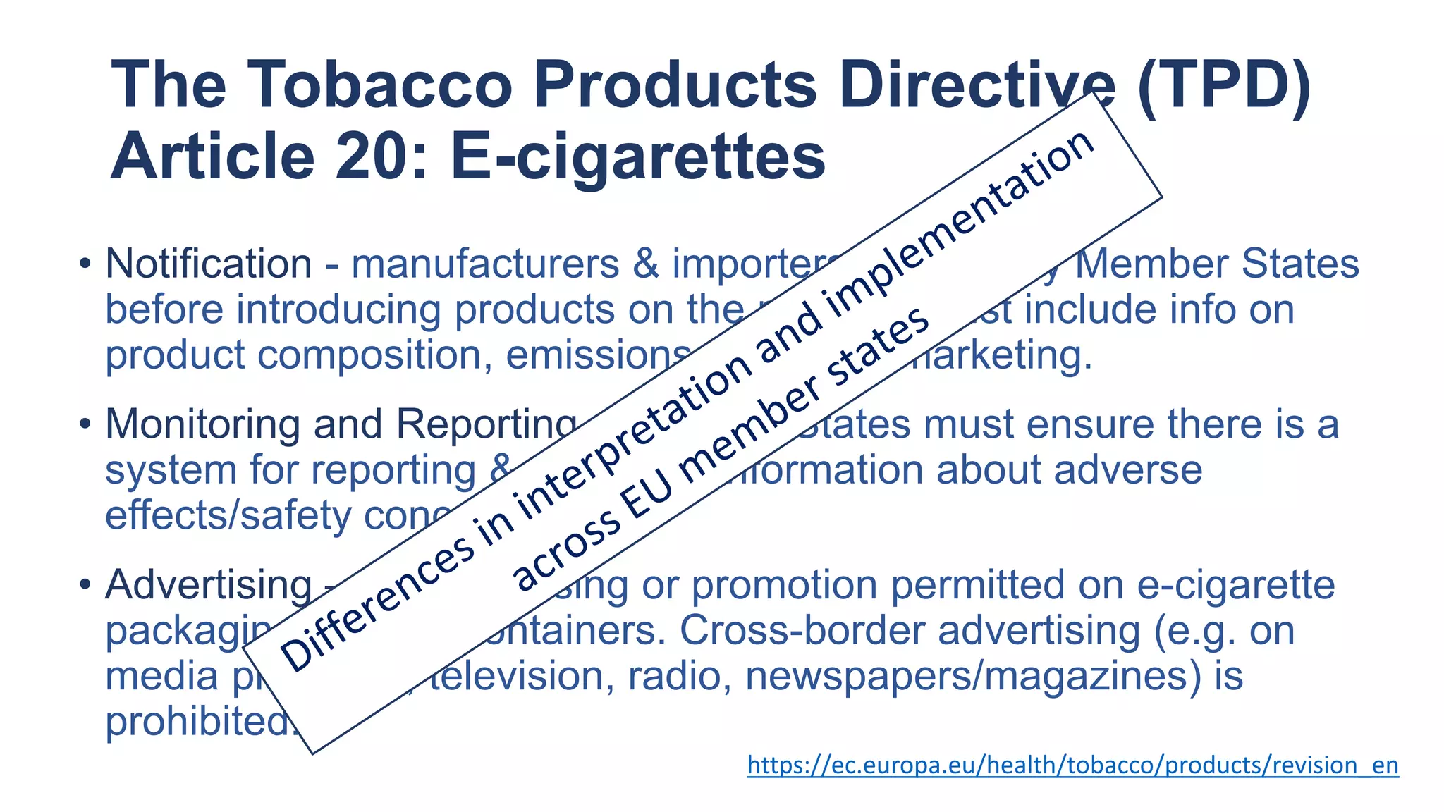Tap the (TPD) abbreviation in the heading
1225,85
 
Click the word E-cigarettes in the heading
637,157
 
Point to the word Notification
208,264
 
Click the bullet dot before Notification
85,265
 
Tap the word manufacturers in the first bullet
485,264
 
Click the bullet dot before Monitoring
85,425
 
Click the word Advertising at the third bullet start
208,586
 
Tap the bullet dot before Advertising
85,585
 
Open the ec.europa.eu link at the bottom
1072,765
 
